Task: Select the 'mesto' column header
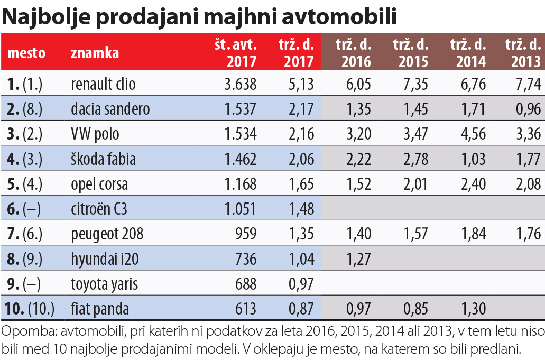coord(26,53)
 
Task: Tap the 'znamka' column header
coord(95,53)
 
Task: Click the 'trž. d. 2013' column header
coord(524,53)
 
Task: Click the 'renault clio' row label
coord(103,84)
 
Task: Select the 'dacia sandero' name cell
coord(110,109)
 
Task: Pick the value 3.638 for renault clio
coord(240,84)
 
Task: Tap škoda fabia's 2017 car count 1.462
coord(240,159)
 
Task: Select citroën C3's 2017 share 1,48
coord(302,209)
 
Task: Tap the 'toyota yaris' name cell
coord(104,284)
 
